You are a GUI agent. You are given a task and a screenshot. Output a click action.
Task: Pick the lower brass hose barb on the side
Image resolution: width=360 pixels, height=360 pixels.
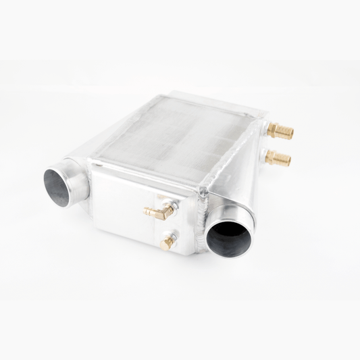(x=278, y=159)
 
